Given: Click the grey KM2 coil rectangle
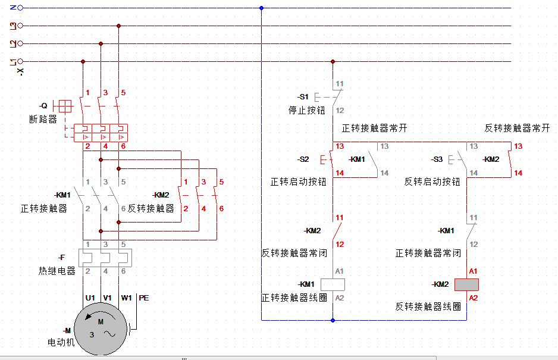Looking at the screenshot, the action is (x=466, y=284).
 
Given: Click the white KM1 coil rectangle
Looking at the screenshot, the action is (x=333, y=284).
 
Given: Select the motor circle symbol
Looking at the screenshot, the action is (x=101, y=329).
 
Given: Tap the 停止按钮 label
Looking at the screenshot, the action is (x=307, y=111).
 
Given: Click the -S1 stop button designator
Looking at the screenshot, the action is (x=303, y=97).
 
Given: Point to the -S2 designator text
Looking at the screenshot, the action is (x=303, y=159).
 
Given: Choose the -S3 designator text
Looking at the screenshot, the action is (x=437, y=159).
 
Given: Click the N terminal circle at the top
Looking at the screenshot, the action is (x=20, y=8).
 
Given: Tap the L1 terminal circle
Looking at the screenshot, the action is (x=20, y=61).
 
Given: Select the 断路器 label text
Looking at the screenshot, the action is (x=43, y=119).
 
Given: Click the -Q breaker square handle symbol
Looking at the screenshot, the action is (x=65, y=106).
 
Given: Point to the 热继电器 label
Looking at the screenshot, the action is (x=57, y=271).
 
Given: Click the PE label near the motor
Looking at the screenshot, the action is (x=144, y=298).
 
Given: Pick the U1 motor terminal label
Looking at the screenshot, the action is (x=90, y=298).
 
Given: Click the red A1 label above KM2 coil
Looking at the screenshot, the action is (x=473, y=271).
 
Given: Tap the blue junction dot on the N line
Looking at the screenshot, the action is (x=261, y=8).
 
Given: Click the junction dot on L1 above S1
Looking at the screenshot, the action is (x=333, y=62).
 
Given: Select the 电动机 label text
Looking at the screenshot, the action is (x=61, y=343).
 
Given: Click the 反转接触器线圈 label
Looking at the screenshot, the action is (x=428, y=306).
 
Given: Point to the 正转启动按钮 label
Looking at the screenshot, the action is (x=298, y=182).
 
